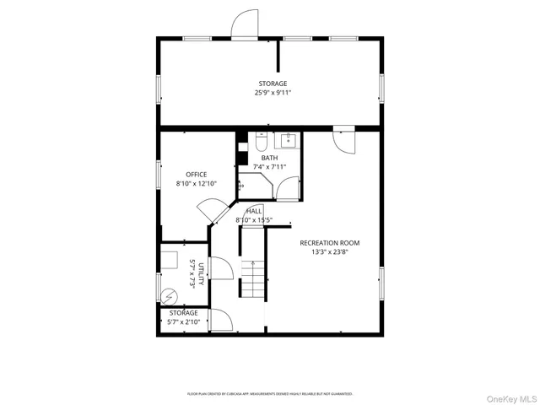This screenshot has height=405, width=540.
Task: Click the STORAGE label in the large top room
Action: coord(272,83)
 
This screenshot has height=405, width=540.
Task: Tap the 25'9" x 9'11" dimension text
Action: coord(272,92)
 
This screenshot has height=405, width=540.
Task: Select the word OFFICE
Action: coord(197,175)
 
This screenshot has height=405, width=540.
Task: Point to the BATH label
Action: coord(269,158)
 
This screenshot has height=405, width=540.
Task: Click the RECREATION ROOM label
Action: coord(335,242)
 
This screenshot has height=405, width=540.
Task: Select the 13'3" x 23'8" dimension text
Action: coord(335,251)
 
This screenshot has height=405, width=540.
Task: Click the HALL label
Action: coord(254,211)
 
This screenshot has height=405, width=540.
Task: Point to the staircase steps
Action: coord(253,278)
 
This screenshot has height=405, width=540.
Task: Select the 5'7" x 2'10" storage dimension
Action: coord(182,321)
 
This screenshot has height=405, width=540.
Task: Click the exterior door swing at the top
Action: coord(245,24)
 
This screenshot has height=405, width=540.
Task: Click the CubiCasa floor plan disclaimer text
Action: coord(270,393)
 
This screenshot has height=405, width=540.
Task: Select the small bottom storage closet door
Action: coord(221,321)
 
